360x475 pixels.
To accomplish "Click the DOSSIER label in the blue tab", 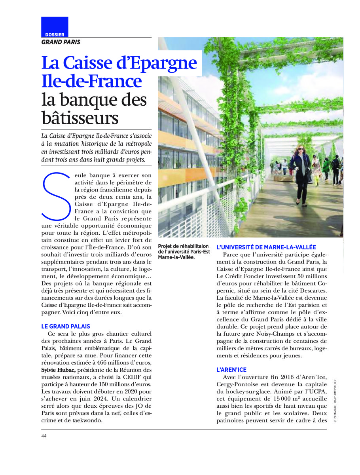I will (x=55, y=34).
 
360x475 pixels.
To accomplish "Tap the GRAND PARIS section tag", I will (x=61, y=42).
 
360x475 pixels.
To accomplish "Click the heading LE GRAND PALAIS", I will (x=66, y=327).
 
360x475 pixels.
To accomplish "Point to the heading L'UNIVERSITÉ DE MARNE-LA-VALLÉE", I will (x=266, y=247).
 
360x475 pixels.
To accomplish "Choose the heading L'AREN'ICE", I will (x=231, y=370).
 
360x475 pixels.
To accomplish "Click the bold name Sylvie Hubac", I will (x=59, y=370).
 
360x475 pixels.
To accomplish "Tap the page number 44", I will (x=44, y=436).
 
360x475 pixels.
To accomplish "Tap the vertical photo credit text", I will (x=335, y=402).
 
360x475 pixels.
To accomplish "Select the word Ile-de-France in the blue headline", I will (x=92, y=81).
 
